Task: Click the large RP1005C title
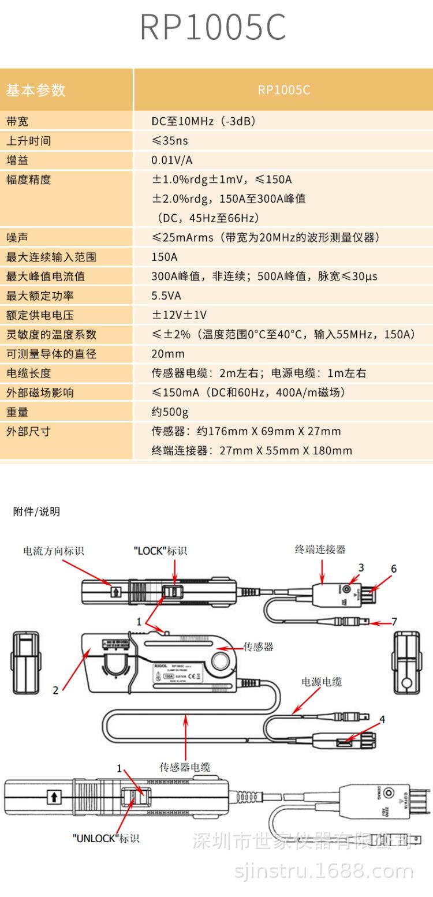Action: pos(213,28)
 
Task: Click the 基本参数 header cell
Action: pos(36,90)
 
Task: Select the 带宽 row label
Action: pos(17,122)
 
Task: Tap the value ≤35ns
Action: pos(170,141)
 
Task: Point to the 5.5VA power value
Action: pos(166,296)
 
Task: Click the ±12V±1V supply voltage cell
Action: pos(179,315)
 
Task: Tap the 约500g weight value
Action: pos(170,412)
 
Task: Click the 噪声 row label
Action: pos(17,238)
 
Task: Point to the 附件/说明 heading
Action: pos(36,512)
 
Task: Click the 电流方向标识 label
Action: pos(53,551)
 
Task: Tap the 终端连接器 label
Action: pos(320,550)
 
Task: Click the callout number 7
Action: pos(394,622)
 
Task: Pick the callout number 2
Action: pos(55,690)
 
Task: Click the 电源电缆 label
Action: pos(322,682)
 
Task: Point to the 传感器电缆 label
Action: pos(185,767)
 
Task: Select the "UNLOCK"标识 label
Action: pos(106,838)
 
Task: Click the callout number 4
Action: pos(382,719)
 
